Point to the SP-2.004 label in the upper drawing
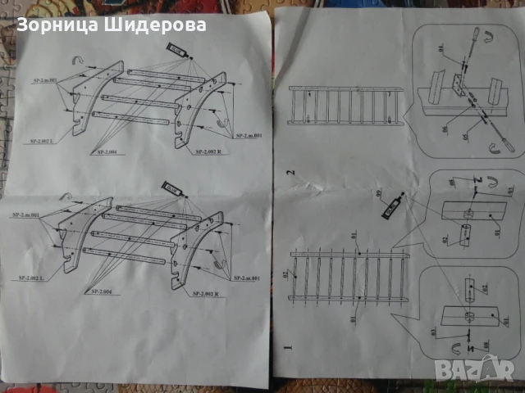[x=109, y=151]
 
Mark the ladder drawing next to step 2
[x=345, y=107]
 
